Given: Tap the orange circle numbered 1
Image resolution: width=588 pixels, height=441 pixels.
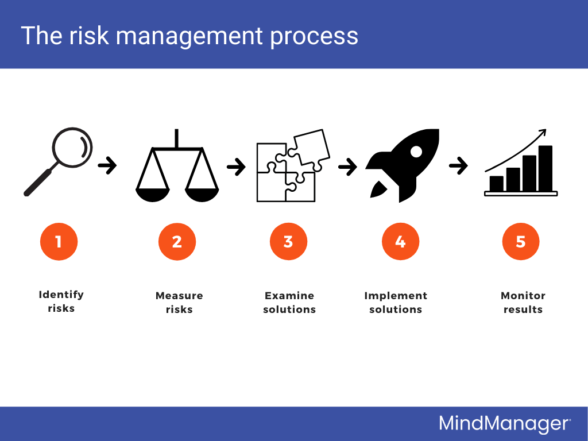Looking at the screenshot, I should (x=59, y=242).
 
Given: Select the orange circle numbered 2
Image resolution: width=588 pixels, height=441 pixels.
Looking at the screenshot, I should (x=177, y=242).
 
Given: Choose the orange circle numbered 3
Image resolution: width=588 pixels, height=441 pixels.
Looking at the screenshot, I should (x=288, y=242).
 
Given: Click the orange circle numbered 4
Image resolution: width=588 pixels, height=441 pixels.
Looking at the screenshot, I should (x=400, y=242).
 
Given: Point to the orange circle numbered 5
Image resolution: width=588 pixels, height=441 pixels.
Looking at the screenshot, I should (x=521, y=242).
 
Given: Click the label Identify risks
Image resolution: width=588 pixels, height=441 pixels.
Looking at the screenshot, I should (x=61, y=301).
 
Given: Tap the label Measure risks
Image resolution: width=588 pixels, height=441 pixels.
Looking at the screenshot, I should (x=179, y=303).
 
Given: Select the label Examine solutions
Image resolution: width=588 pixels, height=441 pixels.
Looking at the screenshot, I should (x=289, y=303).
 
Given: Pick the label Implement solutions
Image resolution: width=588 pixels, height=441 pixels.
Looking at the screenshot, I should (x=396, y=303).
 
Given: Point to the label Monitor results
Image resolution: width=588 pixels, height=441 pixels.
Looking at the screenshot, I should (x=523, y=303).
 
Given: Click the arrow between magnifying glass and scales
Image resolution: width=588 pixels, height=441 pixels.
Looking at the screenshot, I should (x=107, y=167).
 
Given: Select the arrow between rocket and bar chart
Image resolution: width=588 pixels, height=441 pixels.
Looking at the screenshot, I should (x=458, y=167).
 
